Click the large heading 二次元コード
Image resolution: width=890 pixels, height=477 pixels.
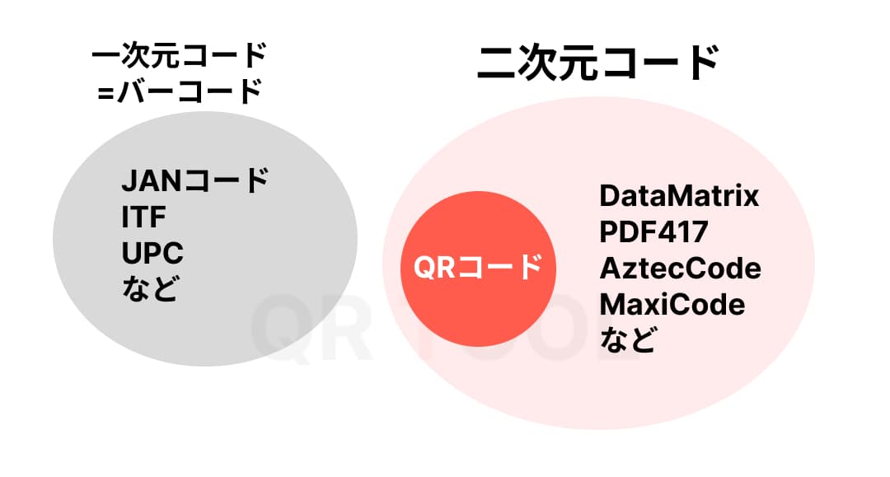click(x=599, y=63)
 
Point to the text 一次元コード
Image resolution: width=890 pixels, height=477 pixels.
click(x=180, y=58)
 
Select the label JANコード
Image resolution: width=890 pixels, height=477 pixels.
click(x=194, y=180)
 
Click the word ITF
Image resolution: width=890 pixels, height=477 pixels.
click(x=143, y=217)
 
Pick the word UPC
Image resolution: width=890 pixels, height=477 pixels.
click(x=152, y=252)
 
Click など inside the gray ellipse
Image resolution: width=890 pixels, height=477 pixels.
click(x=149, y=288)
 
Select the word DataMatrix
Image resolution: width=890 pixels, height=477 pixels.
click(x=678, y=197)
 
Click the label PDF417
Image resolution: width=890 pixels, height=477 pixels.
click(x=653, y=233)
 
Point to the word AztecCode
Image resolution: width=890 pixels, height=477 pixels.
click(x=680, y=269)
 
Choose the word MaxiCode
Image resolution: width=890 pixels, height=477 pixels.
click(x=672, y=305)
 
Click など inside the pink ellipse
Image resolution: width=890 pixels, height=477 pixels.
click(x=627, y=339)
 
